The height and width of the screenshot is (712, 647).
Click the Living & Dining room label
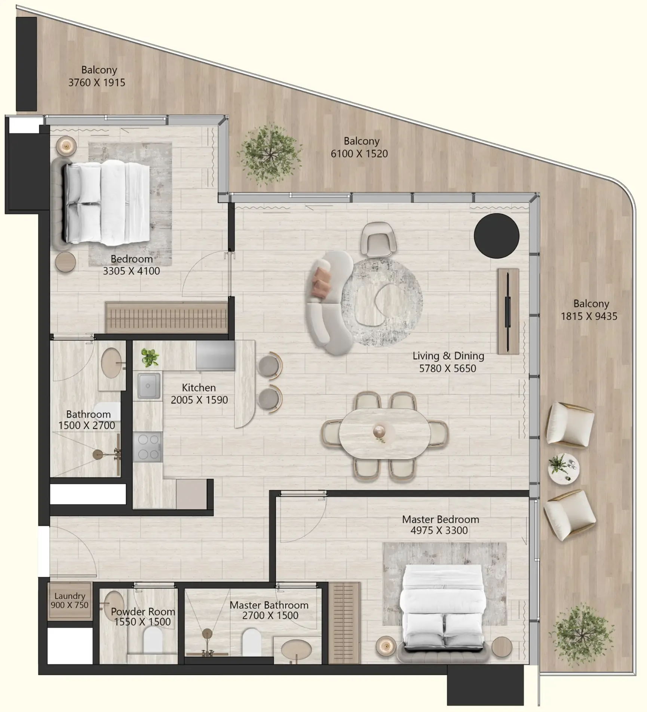[x=448, y=356]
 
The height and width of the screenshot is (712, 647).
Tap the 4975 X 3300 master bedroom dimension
[x=439, y=530]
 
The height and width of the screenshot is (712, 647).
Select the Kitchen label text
[x=199, y=387]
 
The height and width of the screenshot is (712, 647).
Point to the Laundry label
[x=70, y=596]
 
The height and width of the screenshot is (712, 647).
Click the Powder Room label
[x=143, y=612]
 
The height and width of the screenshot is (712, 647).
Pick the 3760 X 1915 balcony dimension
[x=96, y=82]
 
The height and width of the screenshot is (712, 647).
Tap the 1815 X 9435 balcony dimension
[x=589, y=316]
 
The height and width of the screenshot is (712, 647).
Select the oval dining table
[x=384, y=433]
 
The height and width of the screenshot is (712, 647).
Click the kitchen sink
[x=149, y=386]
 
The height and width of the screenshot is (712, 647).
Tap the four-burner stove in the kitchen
[x=148, y=447]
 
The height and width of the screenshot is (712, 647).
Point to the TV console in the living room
[x=508, y=311]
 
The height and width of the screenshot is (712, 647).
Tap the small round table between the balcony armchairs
[x=563, y=469]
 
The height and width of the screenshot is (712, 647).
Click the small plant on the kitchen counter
[x=150, y=357]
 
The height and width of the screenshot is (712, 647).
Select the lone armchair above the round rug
[x=378, y=239]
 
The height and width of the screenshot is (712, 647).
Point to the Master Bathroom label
[x=269, y=605]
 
